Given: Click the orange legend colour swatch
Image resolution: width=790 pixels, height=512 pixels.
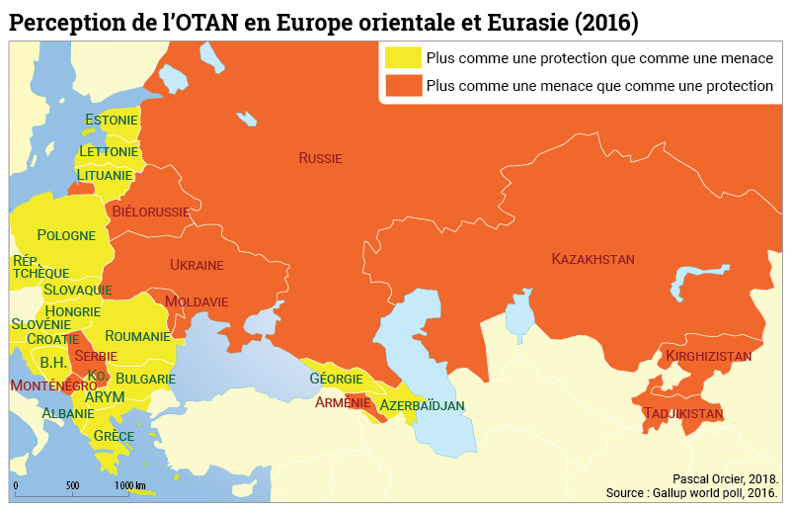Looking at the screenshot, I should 403,86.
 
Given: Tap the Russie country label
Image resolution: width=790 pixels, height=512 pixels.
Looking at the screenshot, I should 320,158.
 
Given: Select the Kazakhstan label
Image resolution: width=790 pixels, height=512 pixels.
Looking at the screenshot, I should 592,259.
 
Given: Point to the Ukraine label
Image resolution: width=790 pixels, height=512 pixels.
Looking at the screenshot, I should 197,265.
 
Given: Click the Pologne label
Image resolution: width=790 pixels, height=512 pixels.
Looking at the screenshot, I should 66,235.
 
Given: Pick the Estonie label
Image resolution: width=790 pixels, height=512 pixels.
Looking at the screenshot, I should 111,121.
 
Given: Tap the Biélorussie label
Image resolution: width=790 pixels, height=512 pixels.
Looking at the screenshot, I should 151,212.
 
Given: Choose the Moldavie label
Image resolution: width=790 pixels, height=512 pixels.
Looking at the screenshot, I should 197,301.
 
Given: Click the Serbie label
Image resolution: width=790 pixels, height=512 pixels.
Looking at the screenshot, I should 96,356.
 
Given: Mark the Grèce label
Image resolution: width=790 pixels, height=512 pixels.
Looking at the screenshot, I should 114,436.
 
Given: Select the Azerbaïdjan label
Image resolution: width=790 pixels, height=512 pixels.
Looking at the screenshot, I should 422,406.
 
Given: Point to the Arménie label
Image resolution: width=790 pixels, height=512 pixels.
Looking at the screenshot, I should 343,402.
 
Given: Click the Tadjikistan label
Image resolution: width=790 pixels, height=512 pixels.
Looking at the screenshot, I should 682,413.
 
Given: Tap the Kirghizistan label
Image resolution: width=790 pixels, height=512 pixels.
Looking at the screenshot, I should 708,356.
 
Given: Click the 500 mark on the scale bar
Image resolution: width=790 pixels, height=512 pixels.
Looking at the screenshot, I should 72,486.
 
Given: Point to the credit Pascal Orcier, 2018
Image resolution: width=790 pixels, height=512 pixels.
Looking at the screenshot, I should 725,476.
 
